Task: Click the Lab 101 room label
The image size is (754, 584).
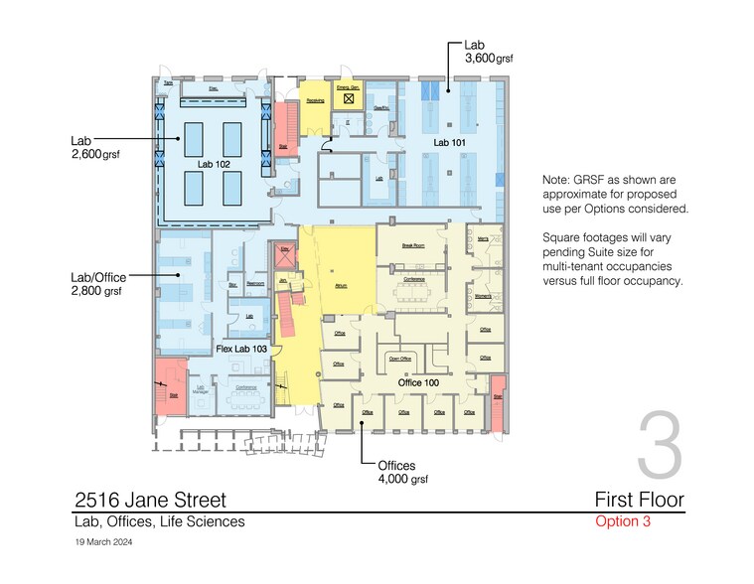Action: (448, 143)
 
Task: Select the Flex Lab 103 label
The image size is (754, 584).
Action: (241, 349)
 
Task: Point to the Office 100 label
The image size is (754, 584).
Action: (419, 382)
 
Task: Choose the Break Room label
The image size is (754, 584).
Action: (413, 244)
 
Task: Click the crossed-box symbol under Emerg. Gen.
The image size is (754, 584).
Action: (348, 100)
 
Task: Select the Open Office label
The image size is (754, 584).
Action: (400, 359)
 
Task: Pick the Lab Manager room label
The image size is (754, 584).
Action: (200, 390)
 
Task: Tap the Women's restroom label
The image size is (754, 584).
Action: (484, 296)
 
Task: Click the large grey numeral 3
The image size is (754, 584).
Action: (660, 446)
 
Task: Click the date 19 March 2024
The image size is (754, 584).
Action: (103, 542)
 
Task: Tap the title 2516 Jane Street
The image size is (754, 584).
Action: (151, 500)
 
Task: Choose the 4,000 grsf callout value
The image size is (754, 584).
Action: (402, 479)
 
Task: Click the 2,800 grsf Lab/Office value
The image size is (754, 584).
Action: (96, 292)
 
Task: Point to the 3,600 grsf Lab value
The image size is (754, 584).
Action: (489, 59)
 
